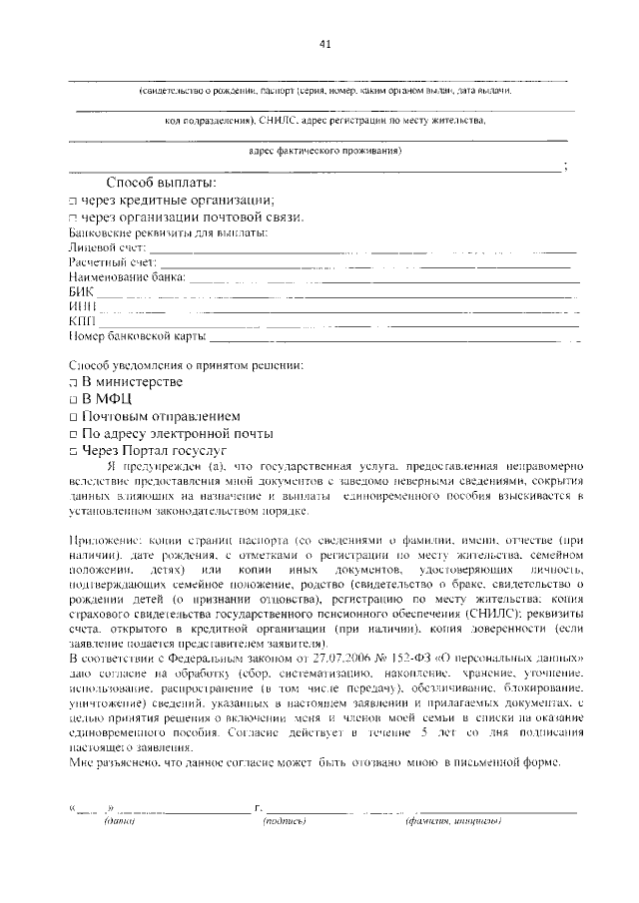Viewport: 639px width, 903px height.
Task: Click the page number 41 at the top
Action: point(324,43)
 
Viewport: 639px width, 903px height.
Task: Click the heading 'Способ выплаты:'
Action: point(160,183)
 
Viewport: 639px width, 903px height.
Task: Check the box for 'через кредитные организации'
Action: point(73,201)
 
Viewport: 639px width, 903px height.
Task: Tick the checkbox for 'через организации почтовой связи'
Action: point(73,218)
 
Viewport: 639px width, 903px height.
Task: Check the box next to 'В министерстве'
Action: point(73,383)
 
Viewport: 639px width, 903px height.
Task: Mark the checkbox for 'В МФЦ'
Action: point(73,400)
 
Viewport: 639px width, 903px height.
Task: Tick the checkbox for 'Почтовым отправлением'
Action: point(73,417)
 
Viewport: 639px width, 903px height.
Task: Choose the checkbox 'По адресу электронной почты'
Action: point(73,435)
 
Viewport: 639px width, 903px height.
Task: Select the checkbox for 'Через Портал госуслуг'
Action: point(73,452)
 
